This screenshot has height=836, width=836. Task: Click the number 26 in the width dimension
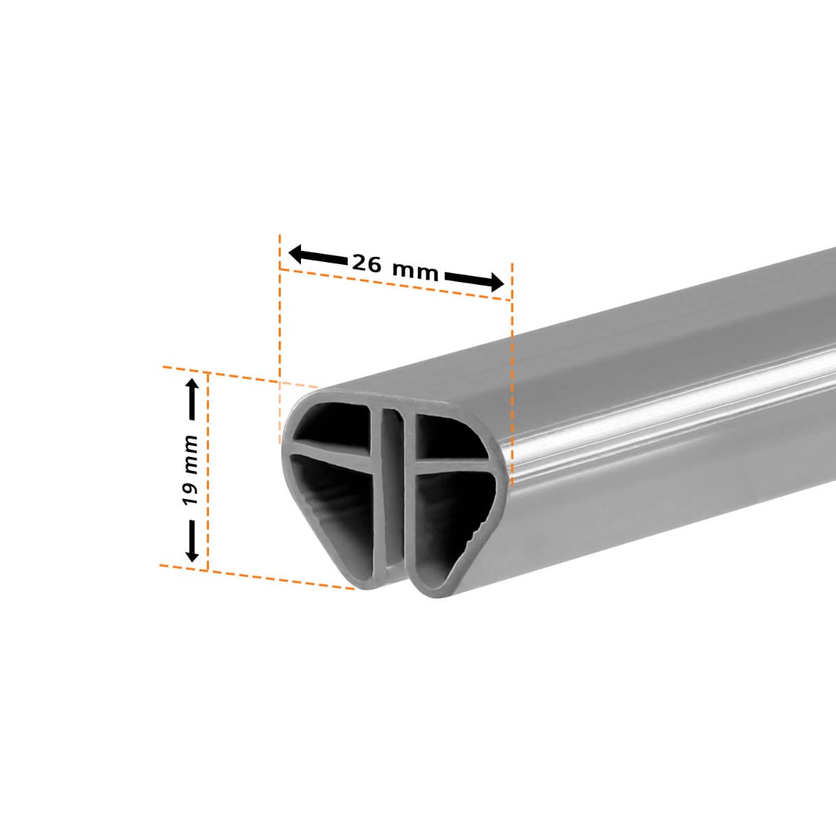tap(366, 263)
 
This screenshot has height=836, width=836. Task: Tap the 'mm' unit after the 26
tap(415, 272)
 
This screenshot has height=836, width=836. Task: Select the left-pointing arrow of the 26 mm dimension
tap(318, 256)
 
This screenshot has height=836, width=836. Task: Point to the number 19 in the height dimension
tap(190, 494)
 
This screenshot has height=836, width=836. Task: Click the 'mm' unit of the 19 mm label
tap(191, 455)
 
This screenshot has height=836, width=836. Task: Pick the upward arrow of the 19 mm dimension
tap(192, 398)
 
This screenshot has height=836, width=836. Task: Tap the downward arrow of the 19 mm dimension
tap(192, 541)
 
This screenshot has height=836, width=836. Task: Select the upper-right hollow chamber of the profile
tap(447, 436)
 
